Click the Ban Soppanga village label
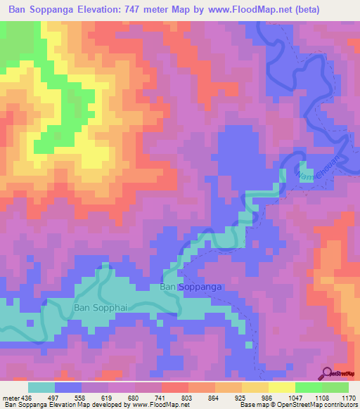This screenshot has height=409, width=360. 191,287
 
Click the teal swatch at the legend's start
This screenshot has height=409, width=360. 41,387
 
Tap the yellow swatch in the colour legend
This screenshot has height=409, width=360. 281,387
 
